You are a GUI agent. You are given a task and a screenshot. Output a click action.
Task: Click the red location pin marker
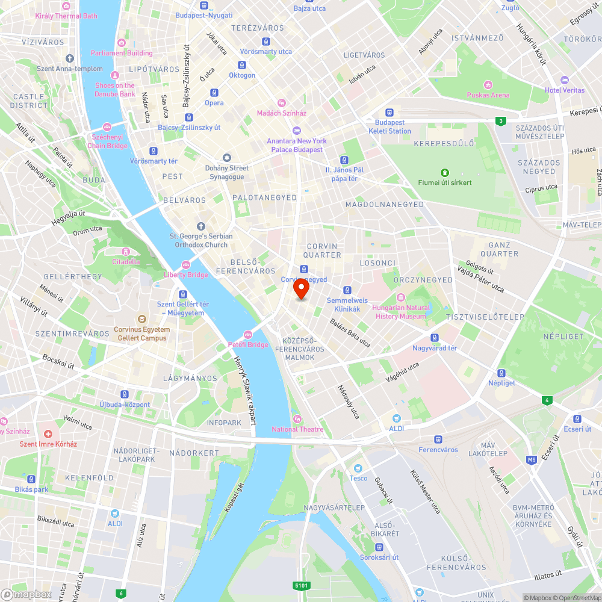(x=301, y=289)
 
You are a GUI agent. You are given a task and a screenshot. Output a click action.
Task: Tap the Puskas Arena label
(x=488, y=95)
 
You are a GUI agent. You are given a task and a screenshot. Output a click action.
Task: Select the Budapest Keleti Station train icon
(x=389, y=112)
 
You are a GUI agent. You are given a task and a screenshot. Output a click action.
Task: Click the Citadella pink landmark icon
(x=126, y=252)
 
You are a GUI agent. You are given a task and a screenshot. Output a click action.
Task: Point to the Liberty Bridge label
(x=186, y=275)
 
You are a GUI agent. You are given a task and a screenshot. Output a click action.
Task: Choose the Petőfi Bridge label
(x=247, y=344)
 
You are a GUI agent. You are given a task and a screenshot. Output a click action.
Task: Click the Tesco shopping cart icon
(x=358, y=468)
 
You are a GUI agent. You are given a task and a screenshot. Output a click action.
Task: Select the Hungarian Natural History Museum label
(x=402, y=312)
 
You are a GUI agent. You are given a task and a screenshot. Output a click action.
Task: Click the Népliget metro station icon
(x=501, y=373)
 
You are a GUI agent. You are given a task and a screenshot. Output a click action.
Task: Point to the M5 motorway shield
(x=531, y=461)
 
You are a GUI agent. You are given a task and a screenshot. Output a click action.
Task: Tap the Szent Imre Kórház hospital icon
(x=48, y=433)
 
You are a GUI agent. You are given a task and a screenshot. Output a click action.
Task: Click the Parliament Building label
(x=122, y=53)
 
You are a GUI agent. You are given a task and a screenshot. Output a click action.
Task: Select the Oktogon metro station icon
(x=241, y=65)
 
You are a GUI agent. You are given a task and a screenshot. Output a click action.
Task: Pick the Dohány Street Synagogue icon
(x=227, y=157)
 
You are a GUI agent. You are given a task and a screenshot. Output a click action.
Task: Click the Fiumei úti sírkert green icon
(x=445, y=172)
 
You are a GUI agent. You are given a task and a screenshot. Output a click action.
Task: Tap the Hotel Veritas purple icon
(x=564, y=80)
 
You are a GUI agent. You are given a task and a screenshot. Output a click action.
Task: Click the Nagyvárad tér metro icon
(x=435, y=338)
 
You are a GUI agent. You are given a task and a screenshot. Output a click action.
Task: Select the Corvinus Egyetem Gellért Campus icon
(x=142, y=319)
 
